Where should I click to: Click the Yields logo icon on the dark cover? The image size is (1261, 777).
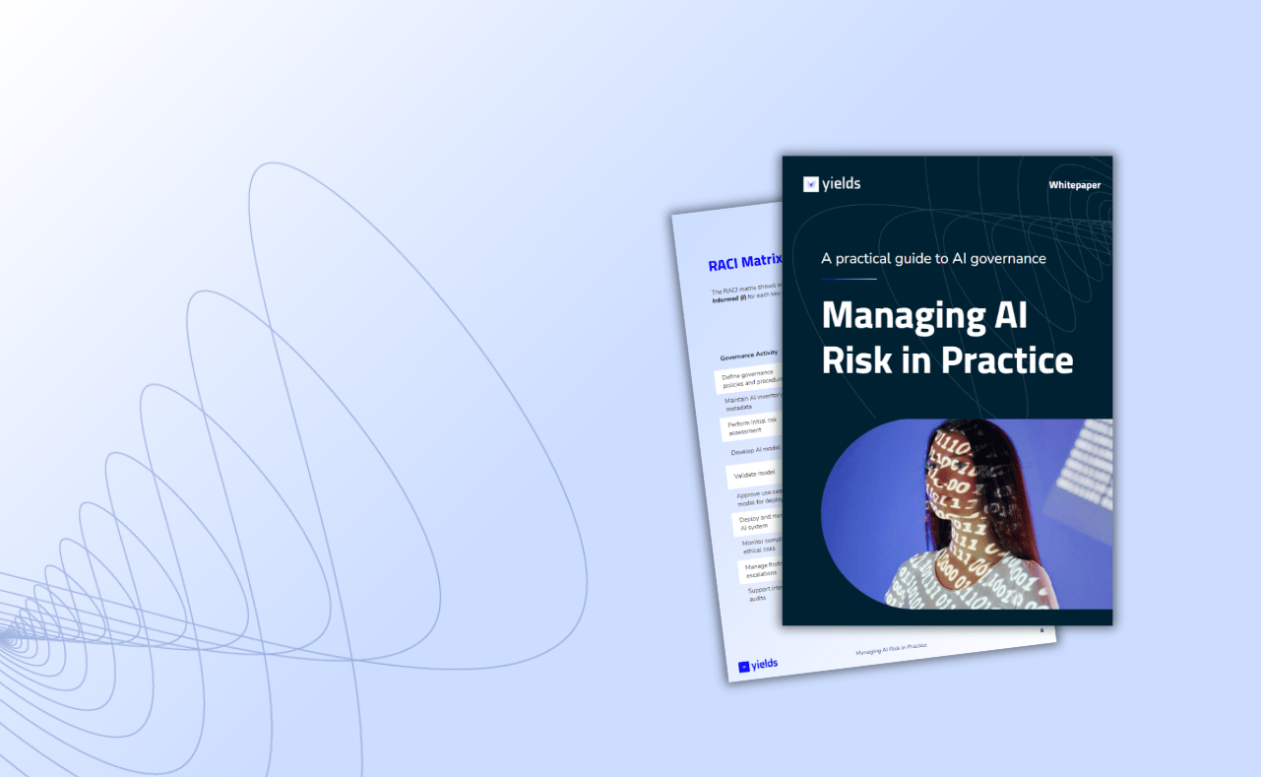pyautogui.click(x=811, y=184)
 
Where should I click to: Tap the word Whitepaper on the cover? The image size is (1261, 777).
pyautogui.click(x=1074, y=185)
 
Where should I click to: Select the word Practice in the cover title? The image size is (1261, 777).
pyautogui.click(x=1012, y=360)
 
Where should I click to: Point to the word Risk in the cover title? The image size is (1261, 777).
pyautogui.click(x=855, y=360)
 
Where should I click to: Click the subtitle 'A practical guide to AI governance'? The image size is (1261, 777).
pyautogui.click(x=933, y=258)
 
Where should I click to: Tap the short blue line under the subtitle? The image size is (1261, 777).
pyautogui.click(x=849, y=279)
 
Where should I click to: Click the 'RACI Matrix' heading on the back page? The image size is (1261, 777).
pyautogui.click(x=745, y=264)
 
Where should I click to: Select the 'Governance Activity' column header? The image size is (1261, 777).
pyautogui.click(x=749, y=355)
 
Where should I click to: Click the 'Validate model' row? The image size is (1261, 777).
pyautogui.click(x=755, y=475)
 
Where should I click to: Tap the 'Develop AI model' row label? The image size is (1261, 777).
pyautogui.click(x=756, y=450)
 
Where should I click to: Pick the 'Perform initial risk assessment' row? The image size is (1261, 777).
pyautogui.click(x=752, y=425)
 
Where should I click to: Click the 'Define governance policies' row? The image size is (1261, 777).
pyautogui.click(x=748, y=379)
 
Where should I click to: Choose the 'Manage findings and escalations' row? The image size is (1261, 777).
pyautogui.click(x=762, y=569)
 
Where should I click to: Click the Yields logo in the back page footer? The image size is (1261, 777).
pyautogui.click(x=758, y=666)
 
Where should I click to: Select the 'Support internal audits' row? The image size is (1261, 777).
pyautogui.click(x=765, y=593)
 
